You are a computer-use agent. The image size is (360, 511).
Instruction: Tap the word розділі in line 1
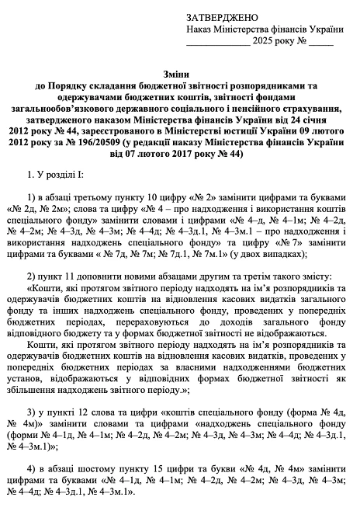click(x=69, y=180)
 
